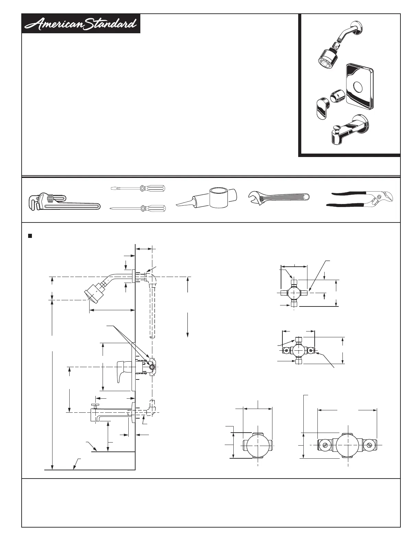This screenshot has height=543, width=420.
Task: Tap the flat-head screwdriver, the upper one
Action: [x=137, y=188]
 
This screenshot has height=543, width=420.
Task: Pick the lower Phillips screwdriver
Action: [x=137, y=208]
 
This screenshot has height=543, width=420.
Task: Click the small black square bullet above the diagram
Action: [x=30, y=236]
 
